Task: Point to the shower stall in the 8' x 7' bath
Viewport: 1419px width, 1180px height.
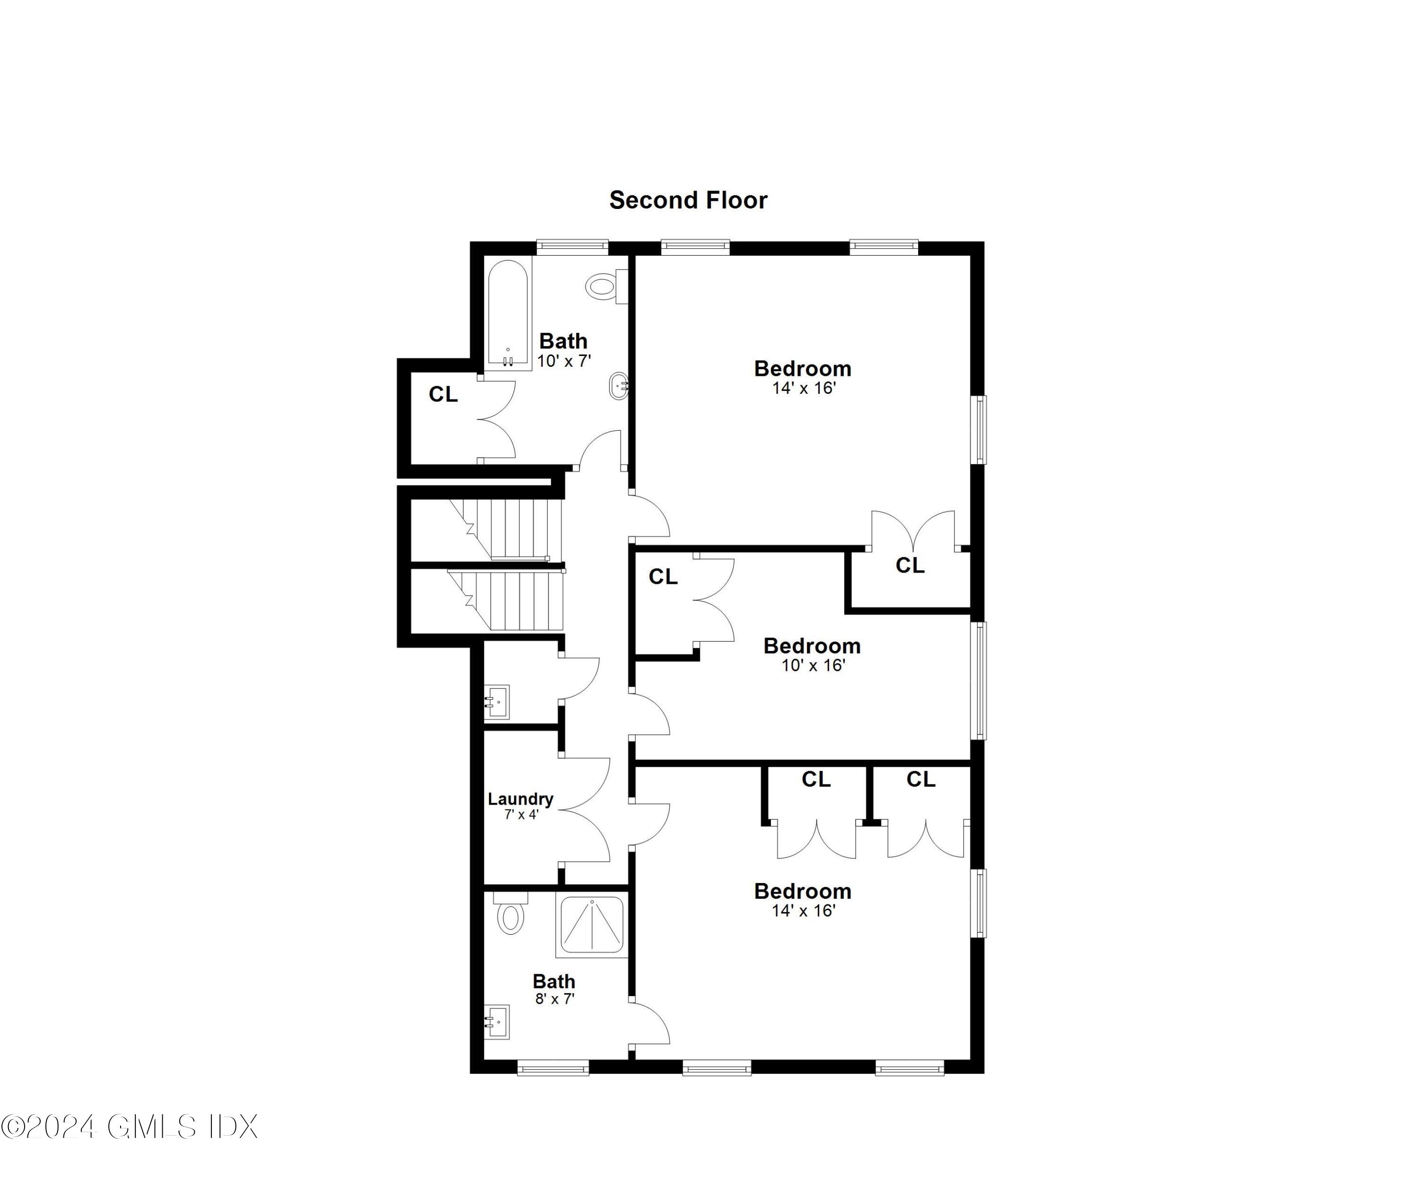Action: (591, 924)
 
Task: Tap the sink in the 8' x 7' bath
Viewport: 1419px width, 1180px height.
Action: (497, 1023)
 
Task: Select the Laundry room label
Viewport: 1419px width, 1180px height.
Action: (520, 799)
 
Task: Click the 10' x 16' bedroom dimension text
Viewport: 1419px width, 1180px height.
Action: (813, 665)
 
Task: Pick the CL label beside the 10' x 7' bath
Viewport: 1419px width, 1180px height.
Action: (443, 394)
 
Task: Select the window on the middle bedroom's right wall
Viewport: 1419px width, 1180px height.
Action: (978, 680)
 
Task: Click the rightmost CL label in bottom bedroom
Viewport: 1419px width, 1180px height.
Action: (920, 780)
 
